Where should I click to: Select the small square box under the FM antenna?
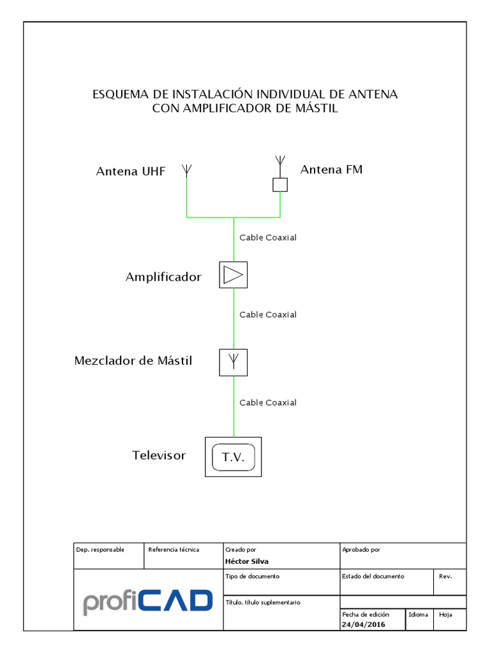280,184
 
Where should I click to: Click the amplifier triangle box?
234,275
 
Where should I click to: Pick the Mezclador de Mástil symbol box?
234,362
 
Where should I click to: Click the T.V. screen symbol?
233,457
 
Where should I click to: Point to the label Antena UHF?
131,171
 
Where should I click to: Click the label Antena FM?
331,170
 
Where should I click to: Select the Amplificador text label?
163,277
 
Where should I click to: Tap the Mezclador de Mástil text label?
133,361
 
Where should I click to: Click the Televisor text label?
159,455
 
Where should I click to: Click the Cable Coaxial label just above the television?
268,402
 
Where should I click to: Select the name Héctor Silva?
247,561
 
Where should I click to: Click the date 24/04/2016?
364,624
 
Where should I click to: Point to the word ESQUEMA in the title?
121,94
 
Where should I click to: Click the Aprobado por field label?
361,549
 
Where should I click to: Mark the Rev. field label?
445,576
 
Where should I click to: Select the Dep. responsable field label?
100,549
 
